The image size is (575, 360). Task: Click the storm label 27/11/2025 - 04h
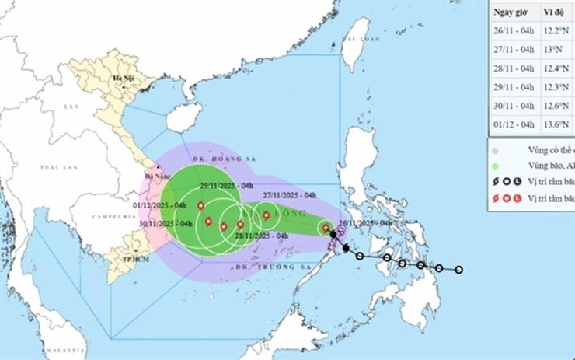click(289, 195)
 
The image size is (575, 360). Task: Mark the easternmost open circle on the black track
click(459, 270)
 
